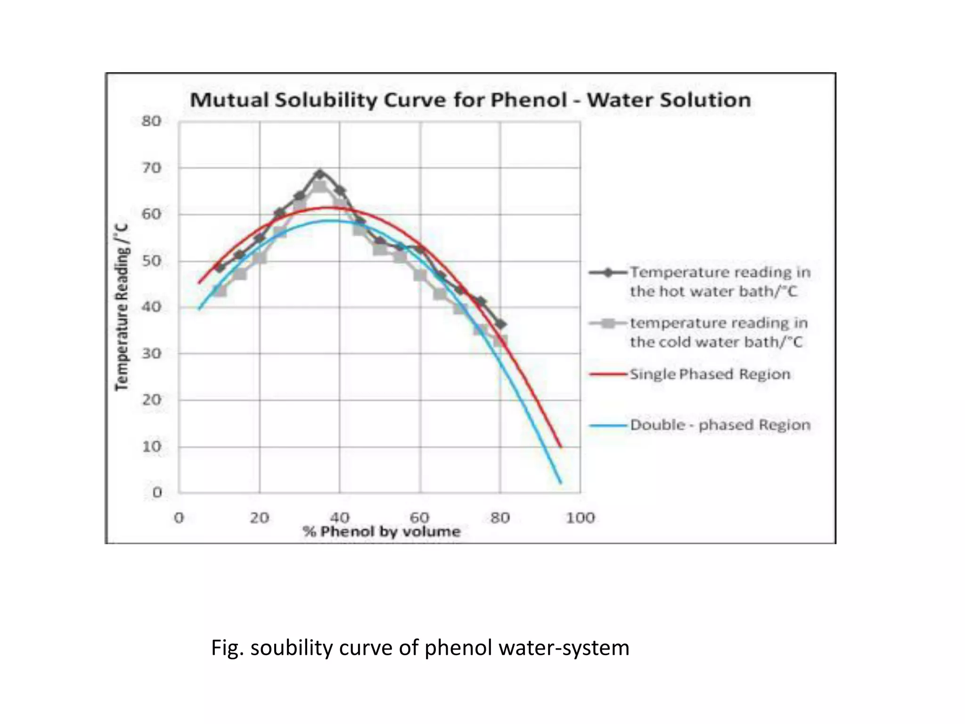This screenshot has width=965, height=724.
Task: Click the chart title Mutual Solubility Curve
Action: (470, 100)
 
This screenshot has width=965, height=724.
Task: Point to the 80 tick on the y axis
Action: (151, 121)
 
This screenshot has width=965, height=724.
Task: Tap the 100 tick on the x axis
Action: (580, 518)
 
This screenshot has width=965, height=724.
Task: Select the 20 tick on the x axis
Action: (259, 518)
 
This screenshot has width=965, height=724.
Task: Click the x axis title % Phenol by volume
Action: (382, 532)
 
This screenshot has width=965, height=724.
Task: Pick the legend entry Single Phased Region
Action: (710, 374)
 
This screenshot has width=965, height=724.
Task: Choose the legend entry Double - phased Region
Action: (720, 425)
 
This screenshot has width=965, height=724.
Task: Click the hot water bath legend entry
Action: (720, 281)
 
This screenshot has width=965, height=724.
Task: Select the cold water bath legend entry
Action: (719, 332)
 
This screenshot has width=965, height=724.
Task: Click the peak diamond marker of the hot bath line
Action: (320, 174)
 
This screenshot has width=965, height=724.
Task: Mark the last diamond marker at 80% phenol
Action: (501, 324)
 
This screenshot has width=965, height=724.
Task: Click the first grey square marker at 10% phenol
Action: (220, 291)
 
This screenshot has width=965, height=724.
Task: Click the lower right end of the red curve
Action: (561, 447)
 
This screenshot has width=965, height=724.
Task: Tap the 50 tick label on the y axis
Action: (151, 261)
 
